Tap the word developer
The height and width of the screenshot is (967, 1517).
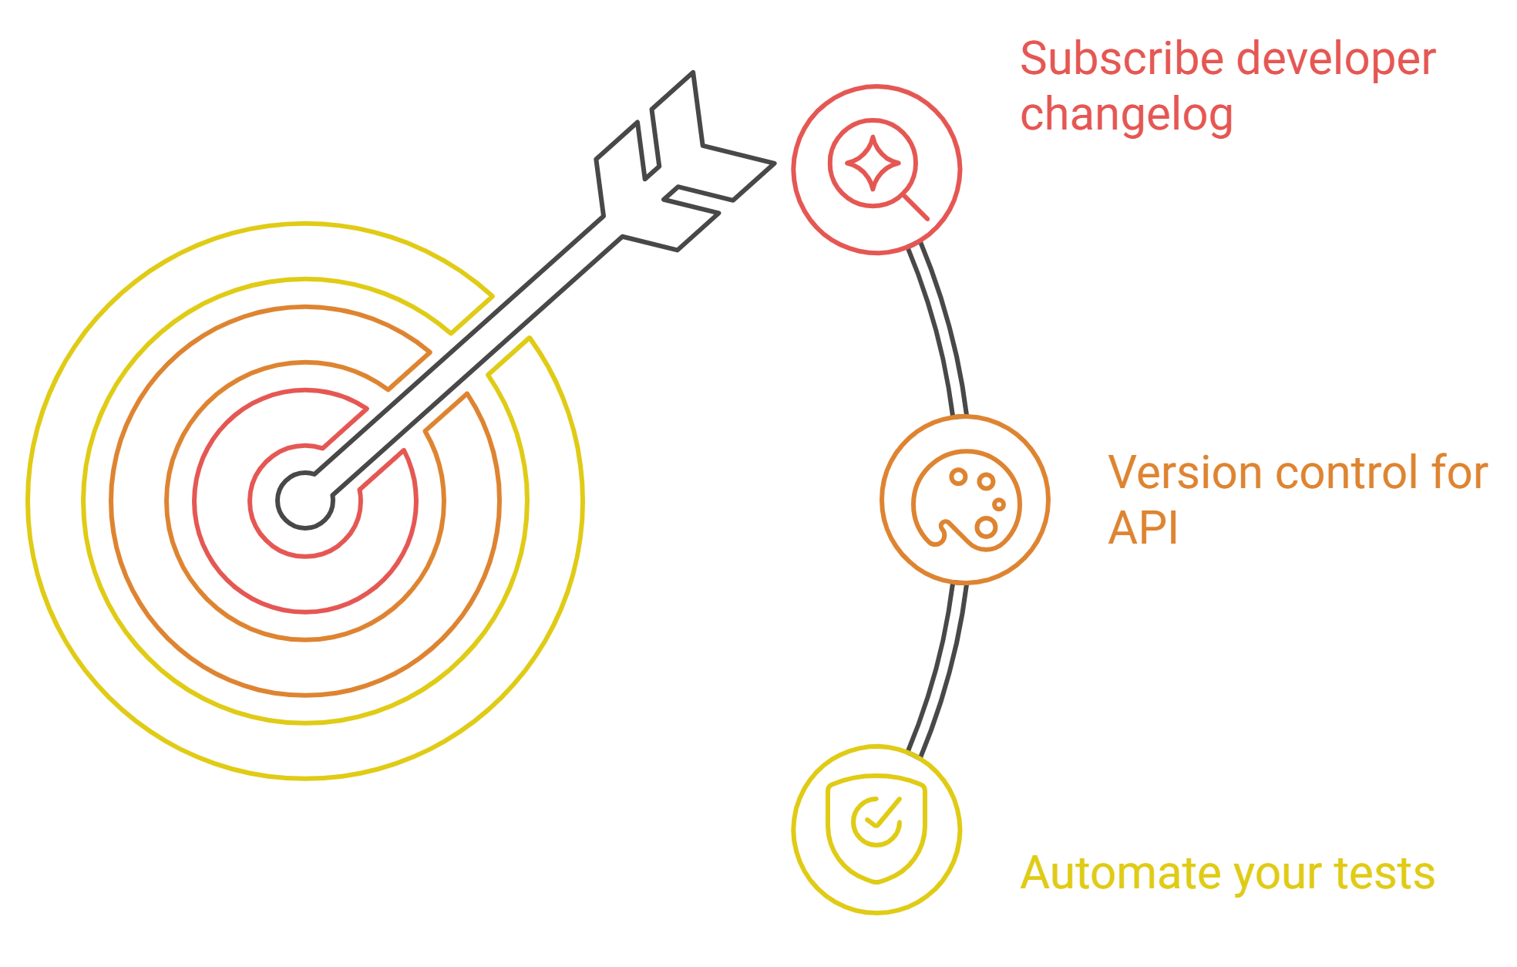(x=1337, y=61)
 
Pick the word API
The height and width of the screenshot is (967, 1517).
(x=1143, y=529)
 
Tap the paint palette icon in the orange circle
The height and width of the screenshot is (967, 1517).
(x=966, y=500)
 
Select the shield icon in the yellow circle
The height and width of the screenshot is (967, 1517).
(x=876, y=828)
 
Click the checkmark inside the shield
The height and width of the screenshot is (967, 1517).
(x=877, y=820)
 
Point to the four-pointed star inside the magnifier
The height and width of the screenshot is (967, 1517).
(x=873, y=163)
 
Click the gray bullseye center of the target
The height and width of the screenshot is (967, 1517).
(x=305, y=500)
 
